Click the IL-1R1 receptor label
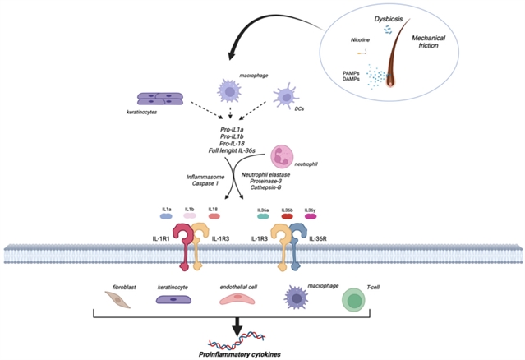coord(163,239)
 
